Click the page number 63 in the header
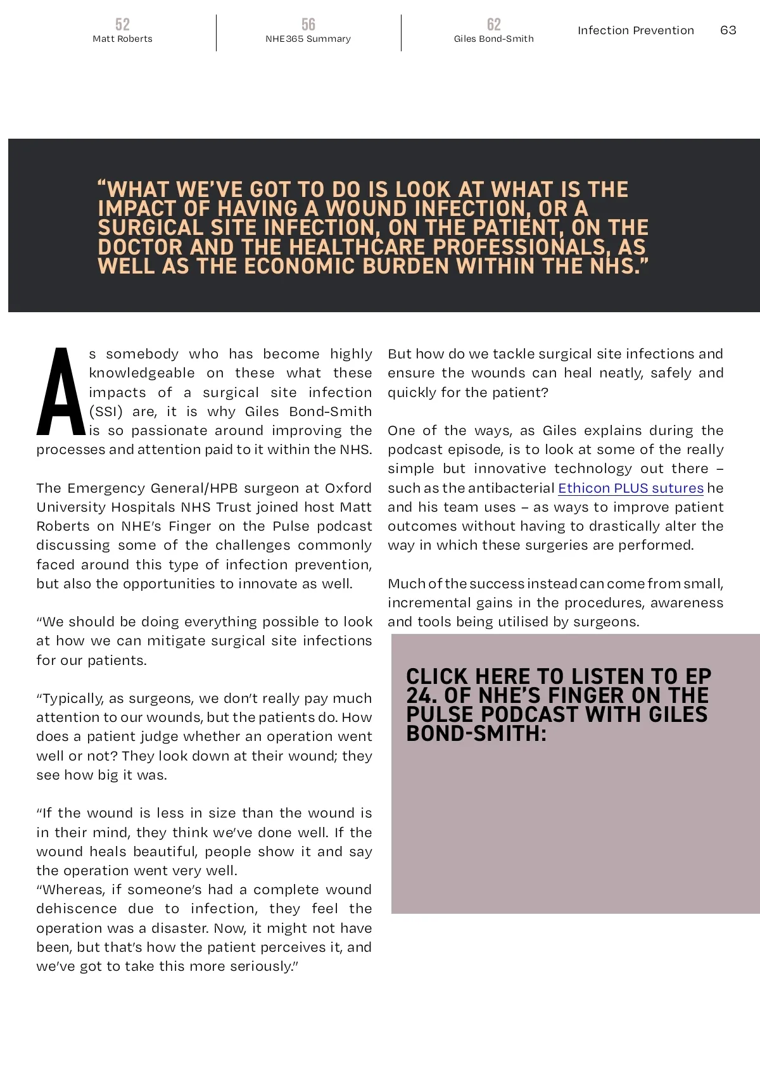click(x=728, y=30)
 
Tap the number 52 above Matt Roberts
click(x=122, y=24)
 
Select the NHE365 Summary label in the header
click(x=308, y=39)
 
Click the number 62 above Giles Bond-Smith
click(x=494, y=24)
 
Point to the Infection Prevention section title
click(x=635, y=30)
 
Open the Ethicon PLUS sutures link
click(x=631, y=488)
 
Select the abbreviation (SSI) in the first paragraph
click(x=106, y=412)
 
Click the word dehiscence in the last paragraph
click(x=77, y=909)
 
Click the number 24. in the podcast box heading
click(x=422, y=695)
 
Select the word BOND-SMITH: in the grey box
click(x=476, y=733)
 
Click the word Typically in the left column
click(x=72, y=698)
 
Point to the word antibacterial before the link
click(x=511, y=488)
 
